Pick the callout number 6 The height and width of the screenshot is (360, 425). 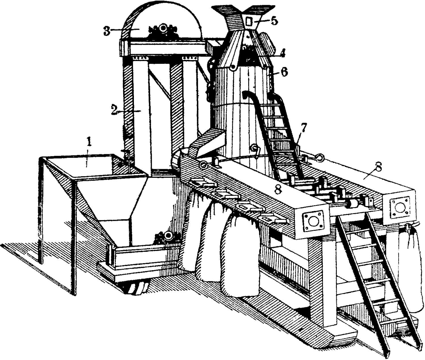284,72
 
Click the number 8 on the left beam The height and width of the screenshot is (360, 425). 278,190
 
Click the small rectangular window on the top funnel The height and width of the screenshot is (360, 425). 249,22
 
